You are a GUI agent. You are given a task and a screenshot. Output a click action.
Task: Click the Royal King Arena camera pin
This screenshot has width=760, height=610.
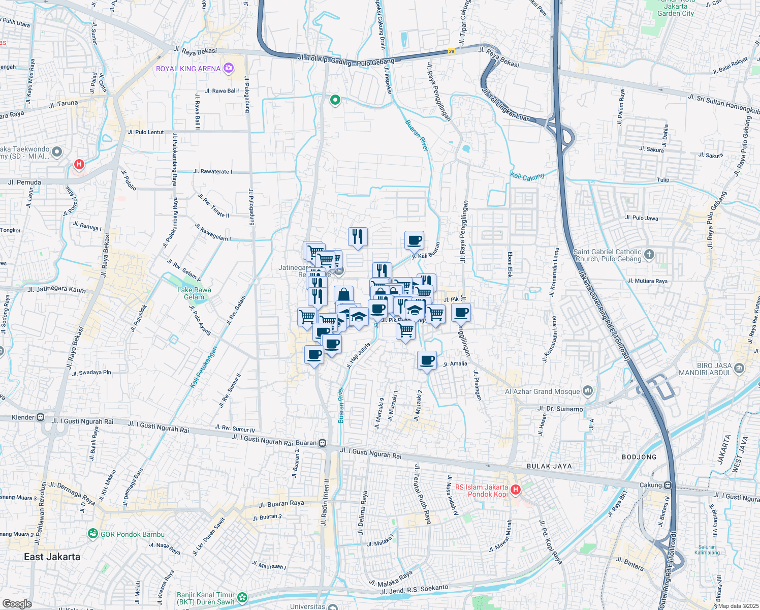point(229,68)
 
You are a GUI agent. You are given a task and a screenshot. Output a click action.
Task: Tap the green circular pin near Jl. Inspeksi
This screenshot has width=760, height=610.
point(335,100)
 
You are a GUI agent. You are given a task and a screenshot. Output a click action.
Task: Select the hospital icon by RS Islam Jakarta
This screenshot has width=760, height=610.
point(516,490)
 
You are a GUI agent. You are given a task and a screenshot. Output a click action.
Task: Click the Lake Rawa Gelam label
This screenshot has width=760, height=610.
point(194,293)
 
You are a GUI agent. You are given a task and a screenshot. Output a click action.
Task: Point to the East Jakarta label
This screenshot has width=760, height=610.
point(52,557)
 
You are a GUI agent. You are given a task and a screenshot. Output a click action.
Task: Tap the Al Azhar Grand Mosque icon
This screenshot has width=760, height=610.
point(588,391)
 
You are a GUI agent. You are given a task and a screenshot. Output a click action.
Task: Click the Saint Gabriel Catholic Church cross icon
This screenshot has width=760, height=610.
point(649,255)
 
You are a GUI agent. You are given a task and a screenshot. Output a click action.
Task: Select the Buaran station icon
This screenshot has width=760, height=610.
point(322,443)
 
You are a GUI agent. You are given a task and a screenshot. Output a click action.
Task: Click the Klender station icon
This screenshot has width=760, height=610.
point(41,417)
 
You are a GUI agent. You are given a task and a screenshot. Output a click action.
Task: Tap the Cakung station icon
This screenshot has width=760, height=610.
point(668,485)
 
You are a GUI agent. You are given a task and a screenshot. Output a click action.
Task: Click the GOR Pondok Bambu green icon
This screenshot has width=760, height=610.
point(92,534)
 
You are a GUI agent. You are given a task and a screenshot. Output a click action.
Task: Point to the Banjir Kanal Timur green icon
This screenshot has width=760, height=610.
point(242,598)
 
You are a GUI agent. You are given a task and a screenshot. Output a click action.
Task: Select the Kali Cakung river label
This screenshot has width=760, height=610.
point(527,177)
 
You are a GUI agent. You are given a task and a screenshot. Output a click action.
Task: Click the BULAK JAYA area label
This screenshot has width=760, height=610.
point(549,466)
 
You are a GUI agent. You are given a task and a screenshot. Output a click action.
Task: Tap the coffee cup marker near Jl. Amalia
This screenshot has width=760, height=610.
point(427,360)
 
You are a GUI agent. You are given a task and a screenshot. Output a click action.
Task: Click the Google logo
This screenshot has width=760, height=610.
point(17,604)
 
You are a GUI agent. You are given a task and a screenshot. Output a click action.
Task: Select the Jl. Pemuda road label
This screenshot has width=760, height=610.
point(24,182)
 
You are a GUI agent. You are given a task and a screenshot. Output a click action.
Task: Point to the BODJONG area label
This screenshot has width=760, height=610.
point(639,457)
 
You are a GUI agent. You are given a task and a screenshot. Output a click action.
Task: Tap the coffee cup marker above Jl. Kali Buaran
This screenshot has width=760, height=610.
point(415,240)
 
